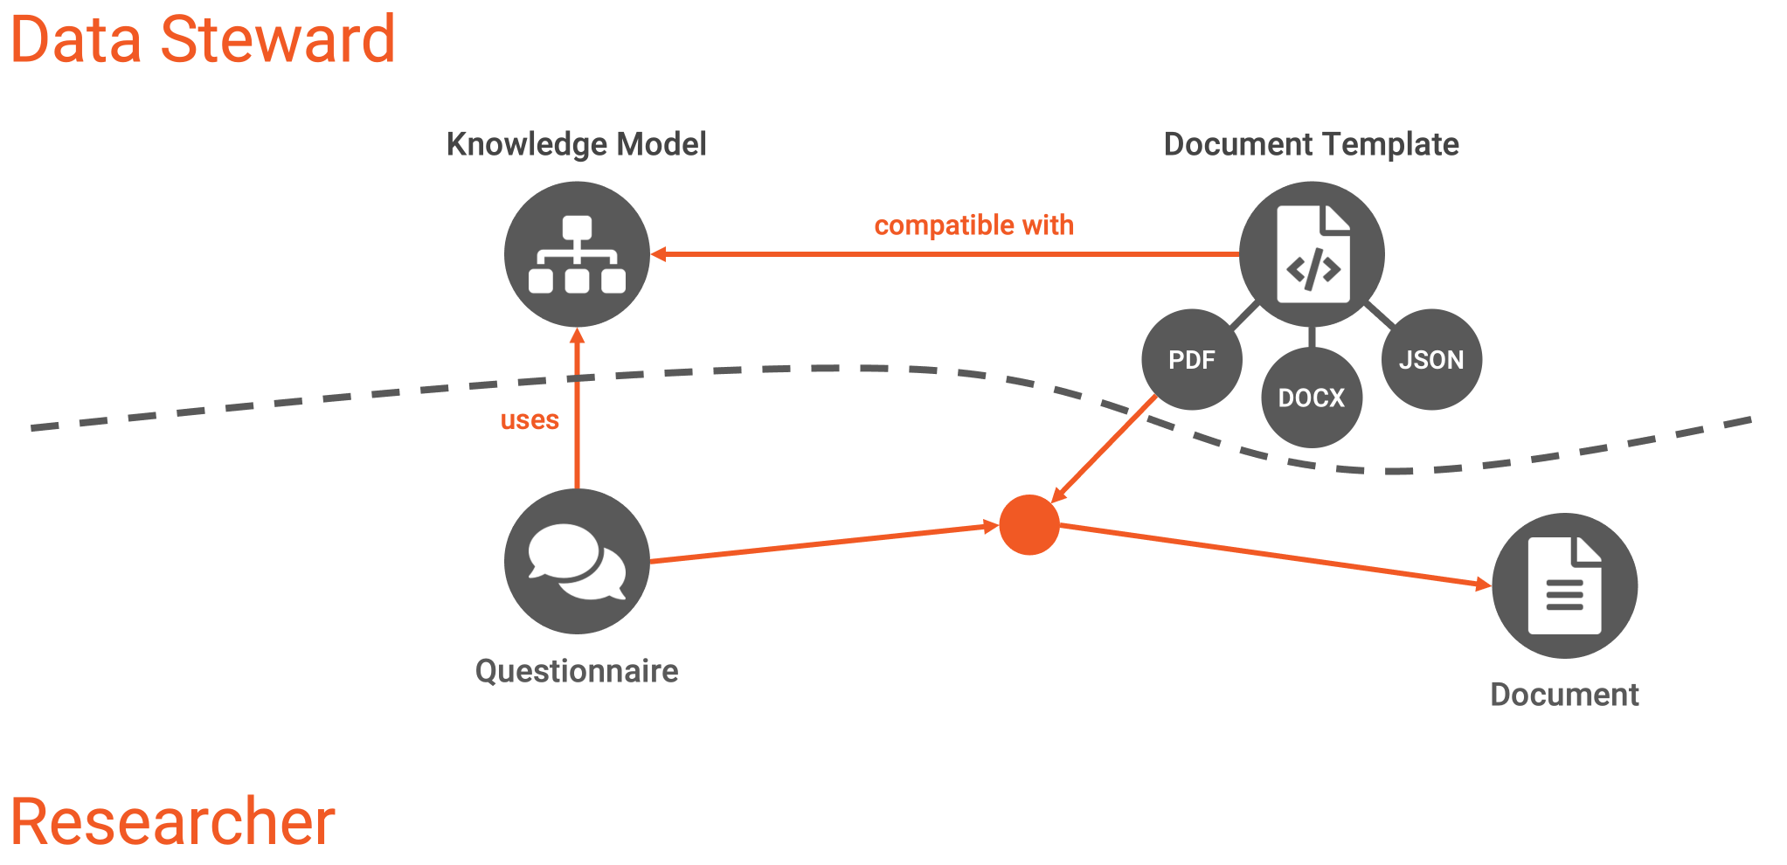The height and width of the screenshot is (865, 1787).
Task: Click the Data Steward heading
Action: coord(203,39)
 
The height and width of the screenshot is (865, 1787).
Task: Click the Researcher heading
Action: coord(173,821)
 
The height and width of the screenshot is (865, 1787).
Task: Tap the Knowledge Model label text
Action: coord(577,144)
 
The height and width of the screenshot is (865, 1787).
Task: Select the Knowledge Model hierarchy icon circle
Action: coord(577,254)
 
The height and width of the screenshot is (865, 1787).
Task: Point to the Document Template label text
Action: coord(1312,144)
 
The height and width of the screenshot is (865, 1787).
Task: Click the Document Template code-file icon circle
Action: coord(1312,254)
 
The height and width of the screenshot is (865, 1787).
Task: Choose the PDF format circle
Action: coord(1192,359)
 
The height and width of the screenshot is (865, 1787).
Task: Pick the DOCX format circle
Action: coord(1312,398)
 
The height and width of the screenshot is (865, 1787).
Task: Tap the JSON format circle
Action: coord(1431,359)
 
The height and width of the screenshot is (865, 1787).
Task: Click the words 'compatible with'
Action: coord(974,225)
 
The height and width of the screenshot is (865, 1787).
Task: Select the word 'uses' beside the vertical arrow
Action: coord(530,420)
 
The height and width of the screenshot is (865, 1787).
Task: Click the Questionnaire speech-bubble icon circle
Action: coord(577,561)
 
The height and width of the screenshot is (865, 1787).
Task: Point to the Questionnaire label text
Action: coord(577,671)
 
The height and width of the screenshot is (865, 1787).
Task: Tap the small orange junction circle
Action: coord(1029,525)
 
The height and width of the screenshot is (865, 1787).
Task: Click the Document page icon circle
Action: coord(1564,585)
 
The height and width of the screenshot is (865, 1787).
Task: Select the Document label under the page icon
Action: coord(1564,695)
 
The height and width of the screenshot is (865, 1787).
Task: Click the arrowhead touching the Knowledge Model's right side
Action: coord(659,254)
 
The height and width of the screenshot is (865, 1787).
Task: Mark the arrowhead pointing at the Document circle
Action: coord(1484,585)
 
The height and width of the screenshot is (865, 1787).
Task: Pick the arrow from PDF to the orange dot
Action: coord(1104,449)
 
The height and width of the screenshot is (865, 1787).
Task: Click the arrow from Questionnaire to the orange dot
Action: coord(824,543)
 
